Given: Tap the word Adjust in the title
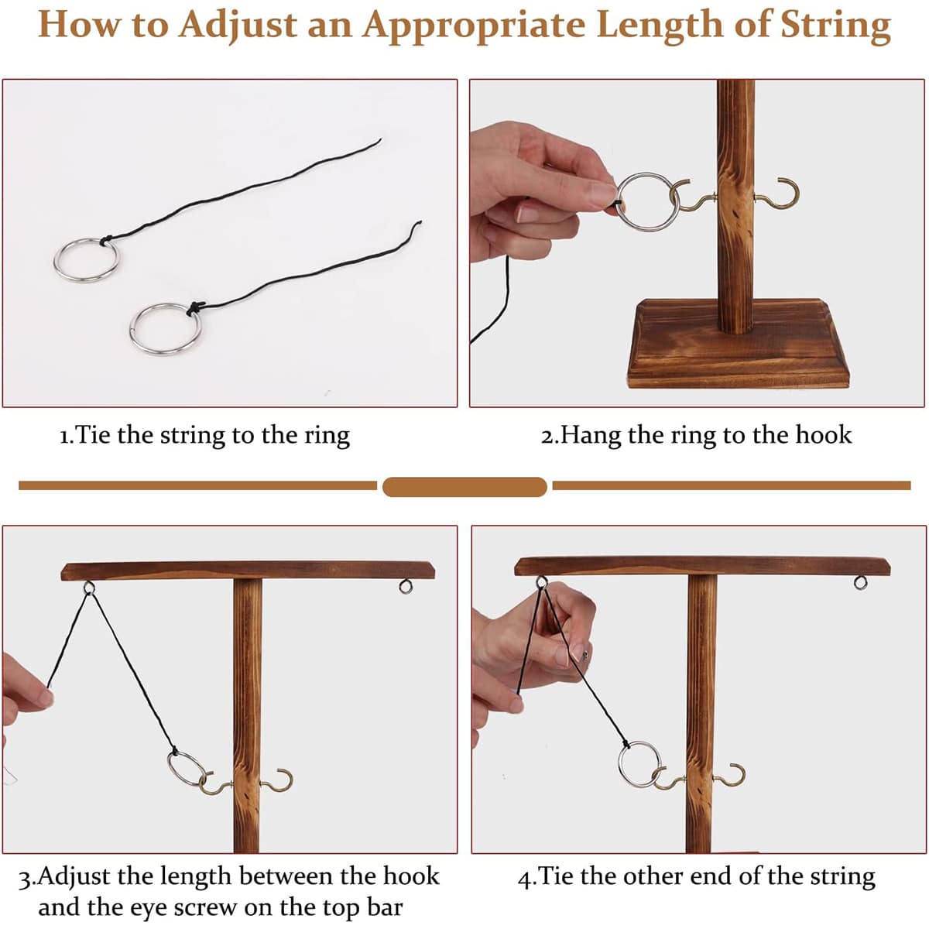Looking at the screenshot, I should [x=236, y=25].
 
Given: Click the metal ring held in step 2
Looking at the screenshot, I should [x=649, y=202].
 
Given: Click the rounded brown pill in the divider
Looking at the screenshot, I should [x=464, y=487].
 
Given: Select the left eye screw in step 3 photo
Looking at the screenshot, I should [x=90, y=588].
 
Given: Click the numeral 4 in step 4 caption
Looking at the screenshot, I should [x=525, y=878].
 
